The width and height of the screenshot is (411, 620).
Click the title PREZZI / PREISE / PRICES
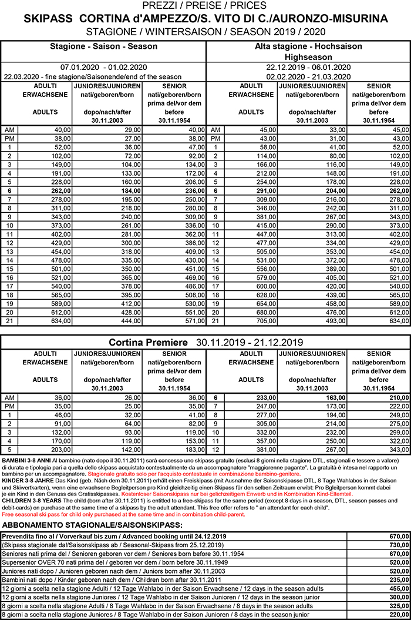point(206,6)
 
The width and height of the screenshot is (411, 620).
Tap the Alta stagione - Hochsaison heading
point(308,46)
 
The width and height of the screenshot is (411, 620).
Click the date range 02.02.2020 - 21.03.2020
point(308,76)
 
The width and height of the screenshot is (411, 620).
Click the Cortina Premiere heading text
point(148,342)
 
